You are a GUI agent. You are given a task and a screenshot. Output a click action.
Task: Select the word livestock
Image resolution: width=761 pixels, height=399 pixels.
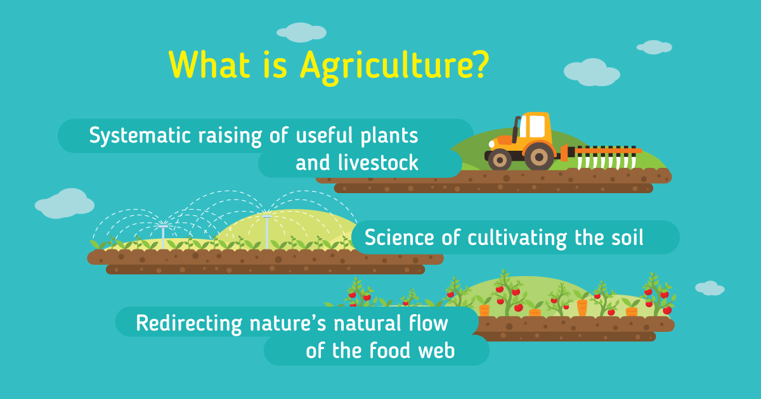tap(378, 162)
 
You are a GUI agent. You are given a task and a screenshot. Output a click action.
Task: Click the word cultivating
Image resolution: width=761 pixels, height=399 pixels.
tap(517, 239)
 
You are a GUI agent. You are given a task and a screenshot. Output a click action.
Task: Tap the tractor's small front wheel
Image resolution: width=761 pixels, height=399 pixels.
tap(500, 160)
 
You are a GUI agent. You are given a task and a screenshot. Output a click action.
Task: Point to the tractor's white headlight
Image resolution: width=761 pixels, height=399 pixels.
tap(491, 144)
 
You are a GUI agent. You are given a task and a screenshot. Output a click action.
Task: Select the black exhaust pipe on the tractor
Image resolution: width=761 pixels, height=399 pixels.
tap(516, 129)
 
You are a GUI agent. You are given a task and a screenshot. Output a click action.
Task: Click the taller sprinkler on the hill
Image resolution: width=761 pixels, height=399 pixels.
tap(267, 231)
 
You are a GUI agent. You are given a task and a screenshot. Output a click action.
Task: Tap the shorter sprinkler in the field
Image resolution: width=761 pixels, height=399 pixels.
tap(163, 236)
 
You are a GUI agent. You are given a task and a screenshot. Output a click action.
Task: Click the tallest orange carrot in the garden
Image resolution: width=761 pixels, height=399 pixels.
tap(582, 307)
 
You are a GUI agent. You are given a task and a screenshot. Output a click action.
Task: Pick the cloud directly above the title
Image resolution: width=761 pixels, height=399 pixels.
tap(301, 32)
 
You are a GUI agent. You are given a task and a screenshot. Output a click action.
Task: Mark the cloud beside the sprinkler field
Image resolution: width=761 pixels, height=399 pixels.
tap(65, 203)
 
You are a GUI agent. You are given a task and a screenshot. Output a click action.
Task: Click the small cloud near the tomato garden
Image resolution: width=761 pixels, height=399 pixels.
tap(710, 288)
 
